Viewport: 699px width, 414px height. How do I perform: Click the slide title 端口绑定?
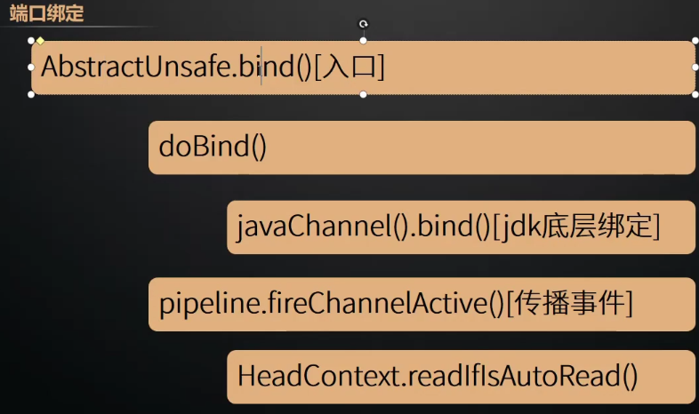(46, 13)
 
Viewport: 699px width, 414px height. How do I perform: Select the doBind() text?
(213, 147)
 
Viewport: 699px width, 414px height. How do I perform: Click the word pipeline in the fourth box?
(198, 304)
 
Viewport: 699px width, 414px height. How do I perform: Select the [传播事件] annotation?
(569, 304)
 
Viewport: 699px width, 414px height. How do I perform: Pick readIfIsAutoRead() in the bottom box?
(524, 376)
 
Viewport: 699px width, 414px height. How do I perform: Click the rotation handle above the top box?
(363, 24)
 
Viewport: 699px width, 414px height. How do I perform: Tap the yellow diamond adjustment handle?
(40, 41)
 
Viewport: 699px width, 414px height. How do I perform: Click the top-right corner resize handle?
(695, 41)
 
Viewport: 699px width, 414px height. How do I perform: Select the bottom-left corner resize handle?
(31, 94)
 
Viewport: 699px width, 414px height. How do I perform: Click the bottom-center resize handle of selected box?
(363, 94)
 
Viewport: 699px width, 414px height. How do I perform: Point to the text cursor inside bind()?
(261, 68)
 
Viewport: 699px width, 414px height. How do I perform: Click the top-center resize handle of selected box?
(363, 41)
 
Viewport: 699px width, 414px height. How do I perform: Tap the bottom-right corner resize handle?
(695, 94)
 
